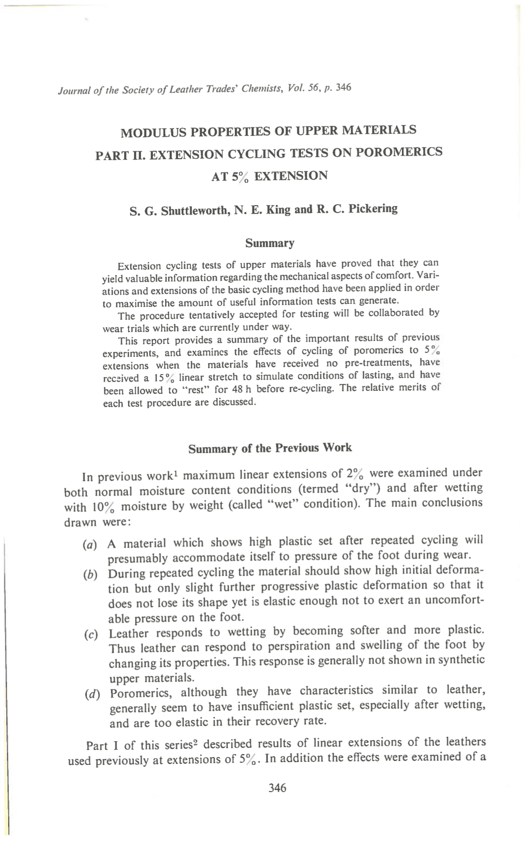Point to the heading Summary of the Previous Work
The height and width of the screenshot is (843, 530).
(270, 448)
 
